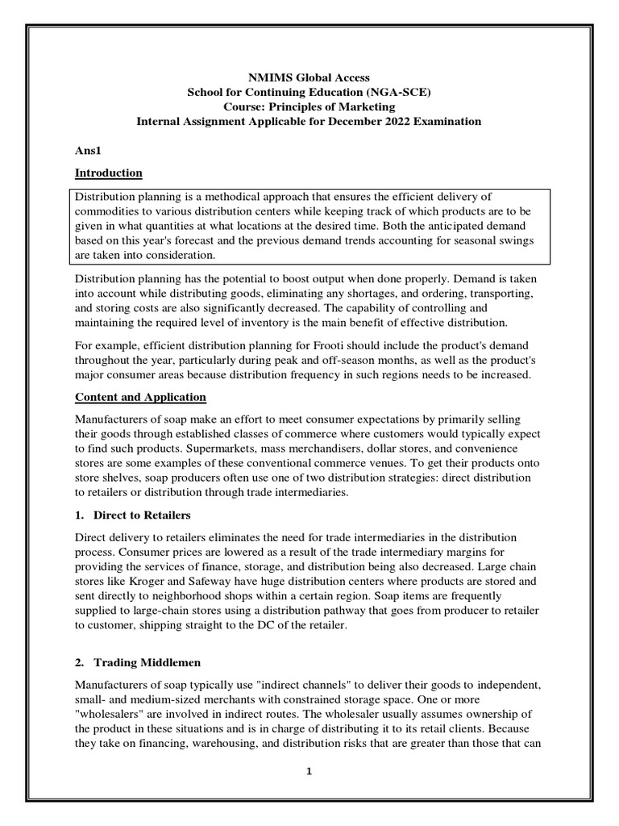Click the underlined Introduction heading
pos(109,173)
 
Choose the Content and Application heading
pos(140,398)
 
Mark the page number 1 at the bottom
pos(309,771)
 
